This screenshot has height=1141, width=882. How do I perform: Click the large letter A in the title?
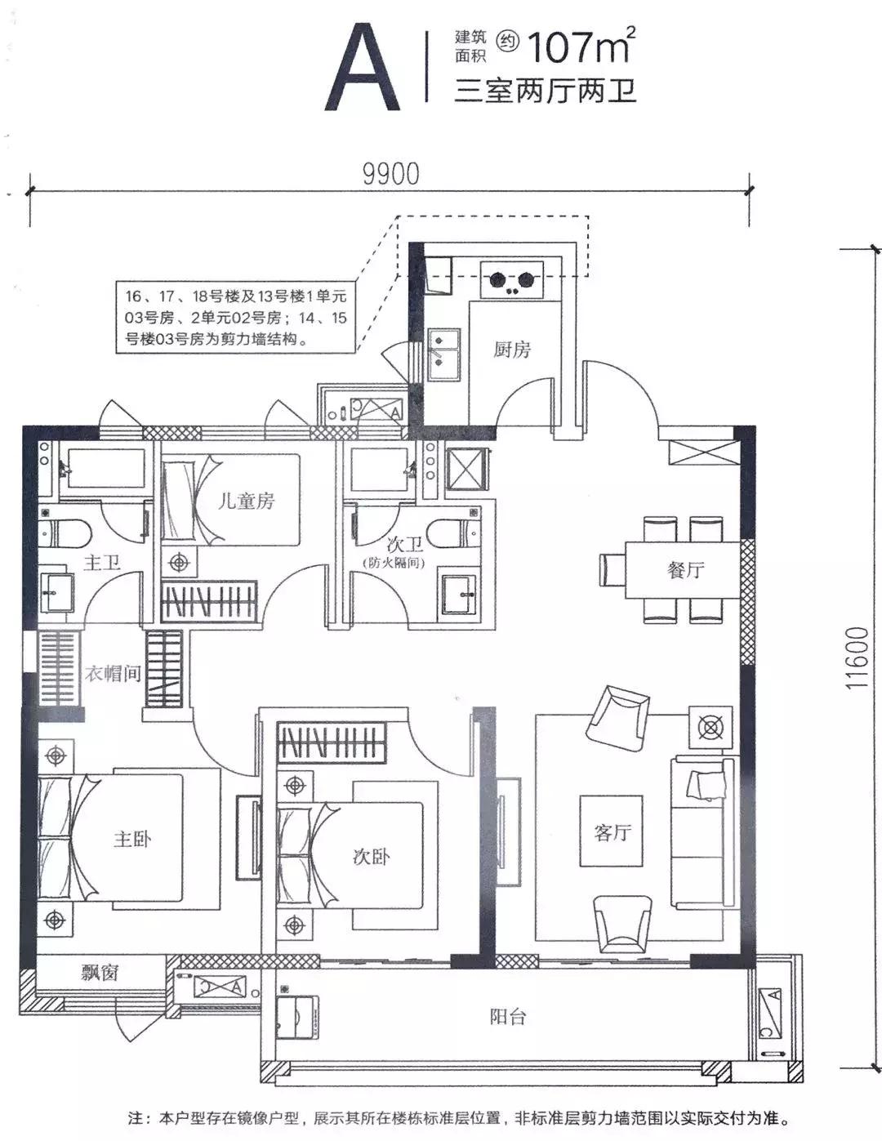point(363,67)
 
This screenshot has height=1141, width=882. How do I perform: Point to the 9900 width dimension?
point(391,174)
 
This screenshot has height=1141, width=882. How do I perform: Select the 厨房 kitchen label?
point(512,350)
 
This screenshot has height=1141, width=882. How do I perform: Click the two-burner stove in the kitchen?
point(511,280)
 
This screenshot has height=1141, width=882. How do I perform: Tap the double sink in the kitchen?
point(443,354)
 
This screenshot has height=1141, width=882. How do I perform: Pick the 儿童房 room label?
point(247,501)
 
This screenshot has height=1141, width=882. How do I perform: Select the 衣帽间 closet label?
point(113,673)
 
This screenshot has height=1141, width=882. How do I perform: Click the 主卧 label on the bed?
point(132,839)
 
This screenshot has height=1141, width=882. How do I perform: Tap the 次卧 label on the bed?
point(371,857)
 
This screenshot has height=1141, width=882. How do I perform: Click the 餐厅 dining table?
point(683,570)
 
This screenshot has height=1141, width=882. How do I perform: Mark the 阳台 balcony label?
point(508,1017)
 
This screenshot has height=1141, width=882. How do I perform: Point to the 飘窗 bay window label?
point(100,973)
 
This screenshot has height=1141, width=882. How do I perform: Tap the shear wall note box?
point(236,317)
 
